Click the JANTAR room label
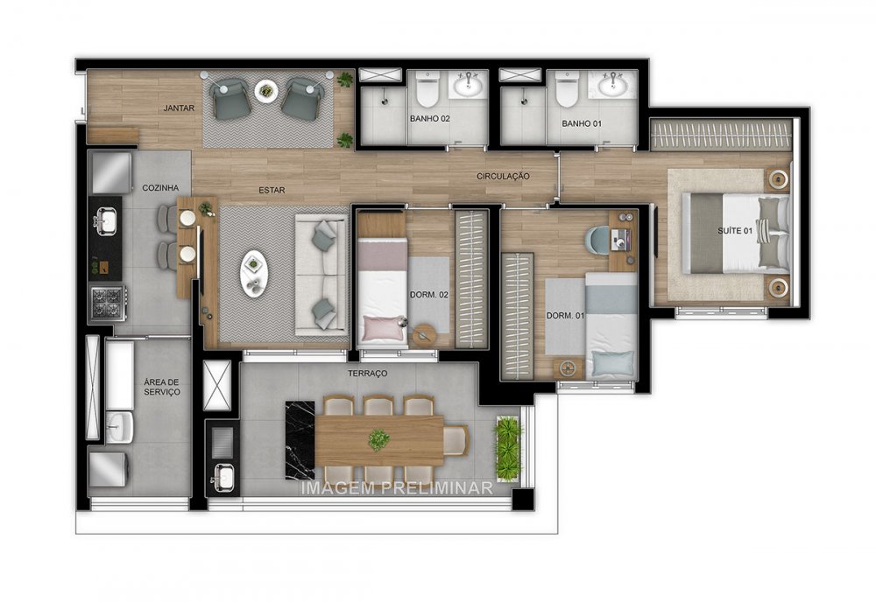178,108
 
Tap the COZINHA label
160,187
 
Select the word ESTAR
270,190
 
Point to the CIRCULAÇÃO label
503,176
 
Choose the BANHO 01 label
582,124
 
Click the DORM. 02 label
429,296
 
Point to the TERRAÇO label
367,374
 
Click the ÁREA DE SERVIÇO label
162,388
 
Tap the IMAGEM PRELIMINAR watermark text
397,488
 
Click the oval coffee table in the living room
254,273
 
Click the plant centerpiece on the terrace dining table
378,439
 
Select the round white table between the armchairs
266,89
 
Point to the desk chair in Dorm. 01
599,239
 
